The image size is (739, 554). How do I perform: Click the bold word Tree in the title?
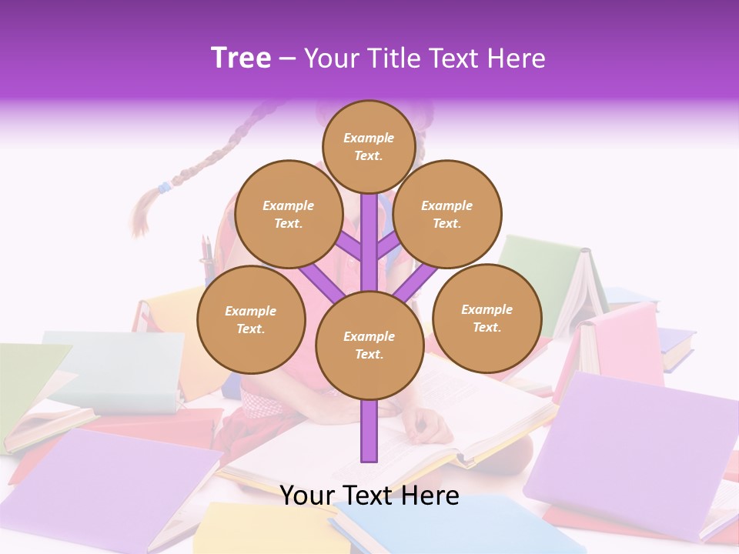click(x=241, y=58)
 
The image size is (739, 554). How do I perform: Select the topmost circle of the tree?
click(x=369, y=146)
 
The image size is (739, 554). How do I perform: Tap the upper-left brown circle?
click(x=288, y=214)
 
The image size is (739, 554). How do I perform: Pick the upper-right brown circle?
click(x=446, y=214)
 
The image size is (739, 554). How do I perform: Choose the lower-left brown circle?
click(x=251, y=319)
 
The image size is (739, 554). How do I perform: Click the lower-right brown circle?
click(x=487, y=318)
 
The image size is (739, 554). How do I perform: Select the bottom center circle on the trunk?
click(x=369, y=345)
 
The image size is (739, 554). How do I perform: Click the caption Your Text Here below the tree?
click(x=369, y=495)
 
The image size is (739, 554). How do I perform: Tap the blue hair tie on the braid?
click(x=163, y=187)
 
